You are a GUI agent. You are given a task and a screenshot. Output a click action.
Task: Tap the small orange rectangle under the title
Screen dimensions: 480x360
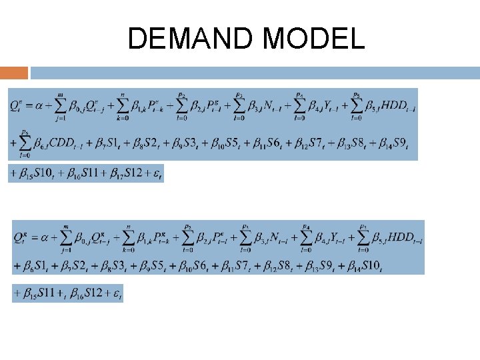pos(14,72)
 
